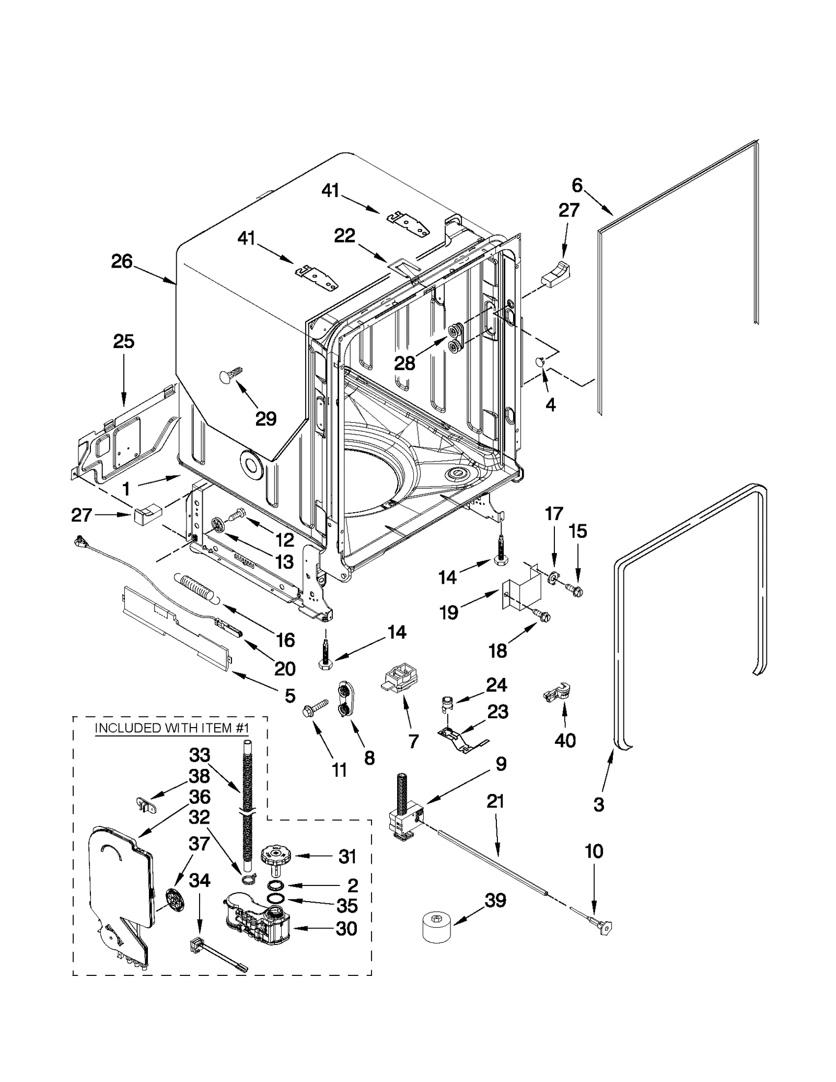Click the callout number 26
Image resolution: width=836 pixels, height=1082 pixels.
[x=122, y=261]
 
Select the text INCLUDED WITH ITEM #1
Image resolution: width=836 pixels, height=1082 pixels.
[x=171, y=728]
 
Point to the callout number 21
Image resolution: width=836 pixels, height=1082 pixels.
[x=495, y=801]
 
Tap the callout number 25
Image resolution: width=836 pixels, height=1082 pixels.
[x=124, y=341]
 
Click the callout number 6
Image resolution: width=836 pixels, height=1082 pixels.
[x=577, y=185]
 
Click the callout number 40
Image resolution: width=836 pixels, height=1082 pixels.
[x=565, y=740]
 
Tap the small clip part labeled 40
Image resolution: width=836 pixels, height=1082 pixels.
[x=557, y=694]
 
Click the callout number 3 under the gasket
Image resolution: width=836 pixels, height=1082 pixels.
[x=599, y=804]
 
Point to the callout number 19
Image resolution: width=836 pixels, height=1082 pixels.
[x=449, y=612]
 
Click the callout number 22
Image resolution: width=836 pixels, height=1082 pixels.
[x=345, y=236]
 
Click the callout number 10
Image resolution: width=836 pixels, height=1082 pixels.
[x=594, y=851]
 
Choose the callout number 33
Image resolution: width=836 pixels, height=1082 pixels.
[x=200, y=755]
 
